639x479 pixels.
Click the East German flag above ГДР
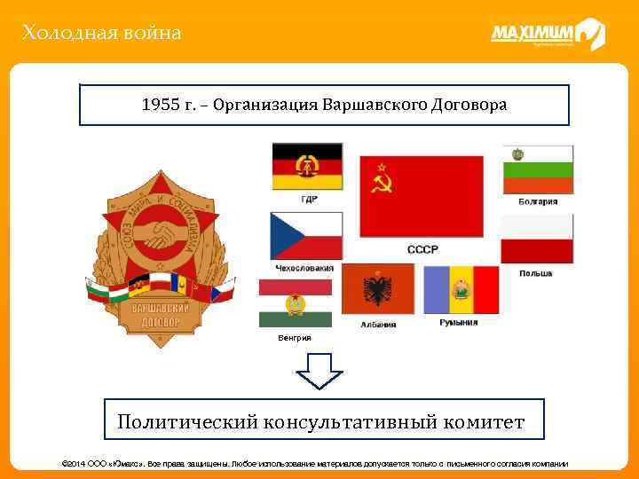(306, 166)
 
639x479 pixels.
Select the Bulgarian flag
(538, 169)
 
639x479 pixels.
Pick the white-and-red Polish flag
(537, 239)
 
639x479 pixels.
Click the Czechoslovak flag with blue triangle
(306, 236)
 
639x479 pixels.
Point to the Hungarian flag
(295, 303)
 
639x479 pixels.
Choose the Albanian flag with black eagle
(378, 289)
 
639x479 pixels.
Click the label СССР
(422, 250)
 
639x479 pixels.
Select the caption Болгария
(538, 201)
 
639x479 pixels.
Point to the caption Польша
(536, 273)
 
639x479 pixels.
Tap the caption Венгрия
(294, 338)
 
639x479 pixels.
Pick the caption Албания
(378, 325)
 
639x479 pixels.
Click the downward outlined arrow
(319, 370)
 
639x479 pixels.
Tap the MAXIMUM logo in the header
(547, 35)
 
